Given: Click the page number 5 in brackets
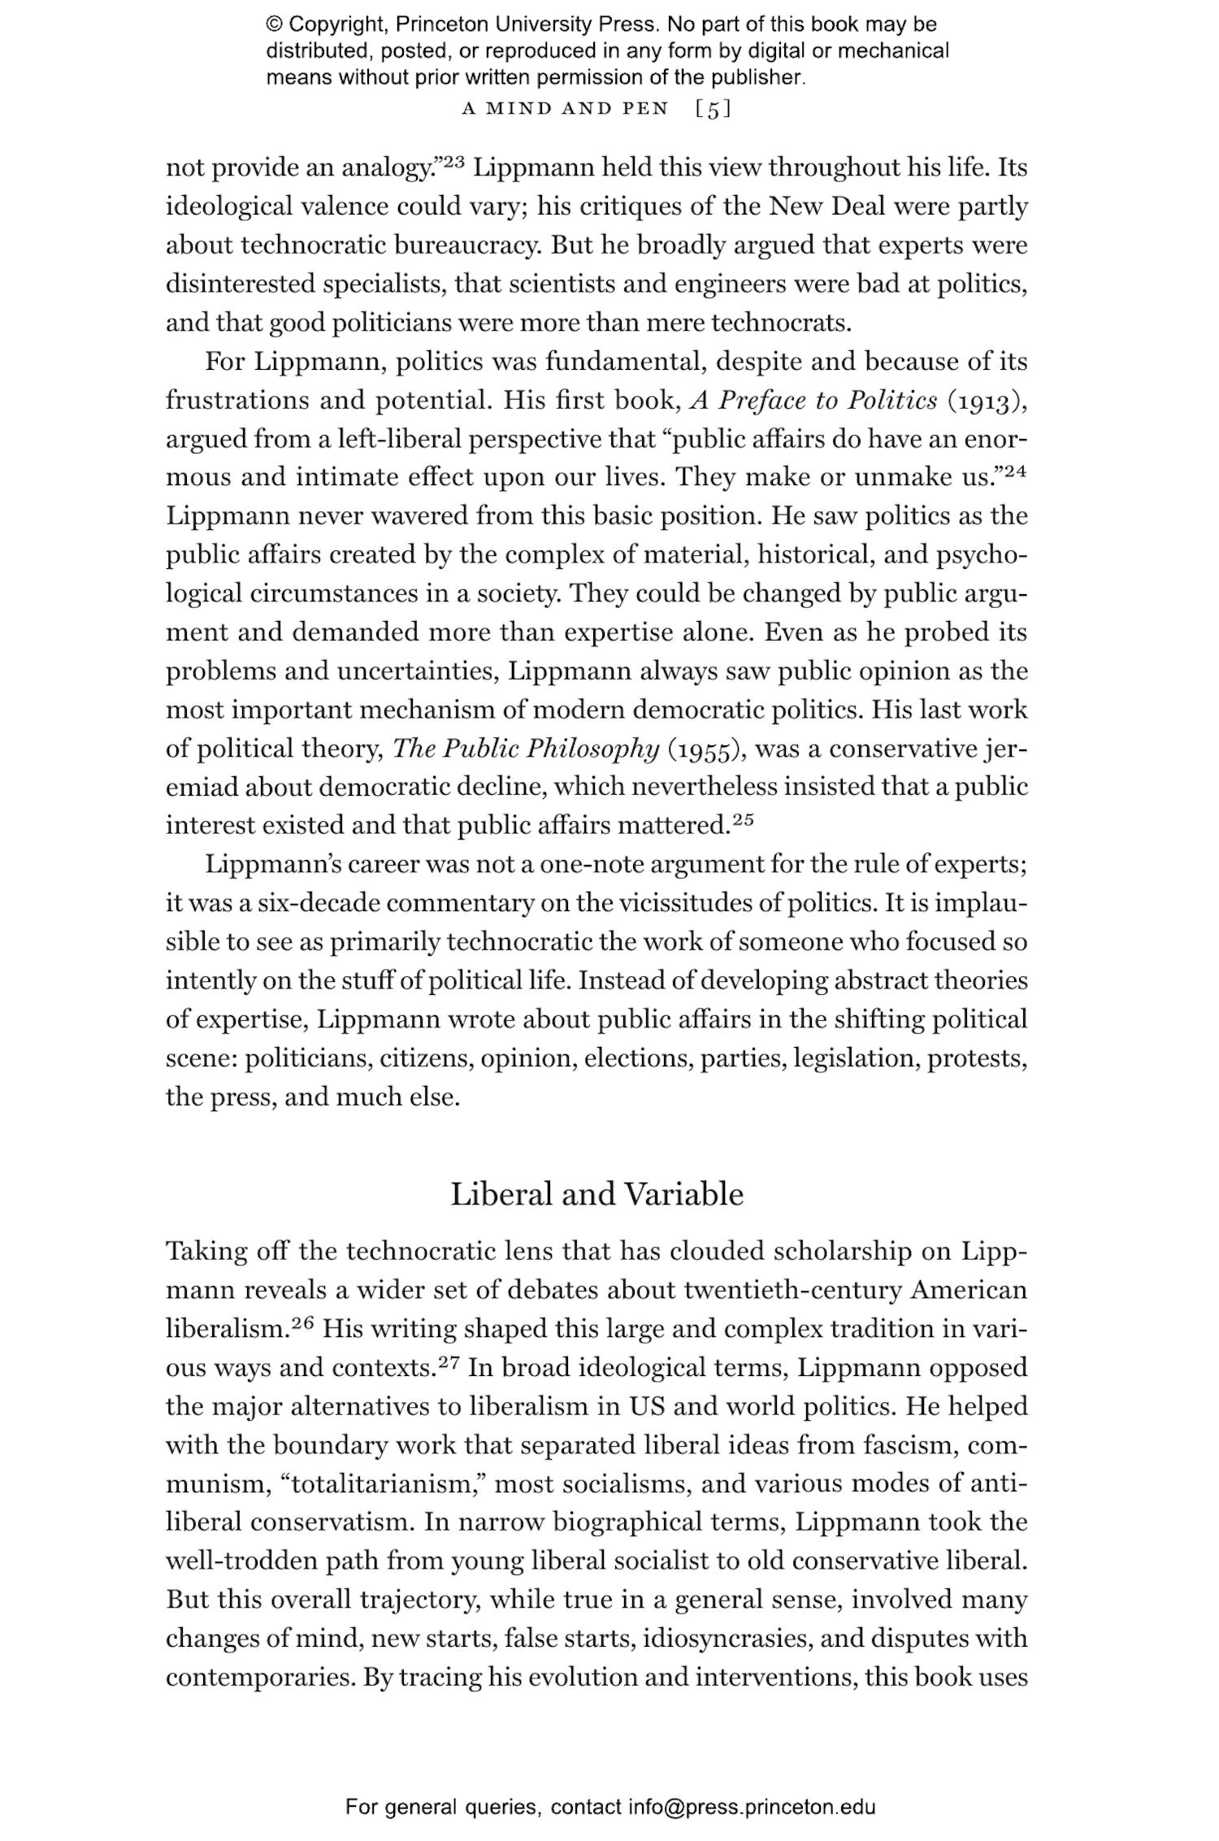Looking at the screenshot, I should tap(714, 109).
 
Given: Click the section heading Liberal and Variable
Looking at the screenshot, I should tap(596, 1194).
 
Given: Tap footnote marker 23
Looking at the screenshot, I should tap(453, 161).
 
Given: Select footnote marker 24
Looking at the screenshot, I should tap(1016, 471).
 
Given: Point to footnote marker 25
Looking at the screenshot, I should tap(743, 819).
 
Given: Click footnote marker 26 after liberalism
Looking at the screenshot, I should tap(302, 1322).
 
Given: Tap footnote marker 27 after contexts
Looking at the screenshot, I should tap(449, 1361).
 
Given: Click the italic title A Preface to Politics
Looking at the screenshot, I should tap(813, 401).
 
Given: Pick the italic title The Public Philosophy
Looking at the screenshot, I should tap(525, 749).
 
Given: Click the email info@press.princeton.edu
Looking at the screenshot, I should tap(752, 1808).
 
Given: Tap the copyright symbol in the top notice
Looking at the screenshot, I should tap(273, 25).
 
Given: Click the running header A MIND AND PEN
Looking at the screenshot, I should tap(565, 109).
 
